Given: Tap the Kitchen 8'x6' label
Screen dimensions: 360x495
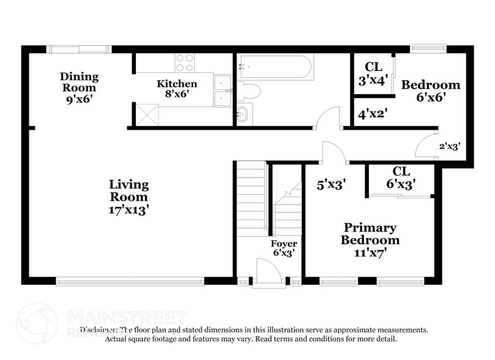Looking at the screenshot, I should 177,89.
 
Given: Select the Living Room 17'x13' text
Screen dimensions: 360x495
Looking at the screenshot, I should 128,196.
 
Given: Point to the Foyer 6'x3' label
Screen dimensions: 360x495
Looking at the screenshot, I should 284,248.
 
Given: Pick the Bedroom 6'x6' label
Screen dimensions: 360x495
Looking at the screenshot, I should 430,91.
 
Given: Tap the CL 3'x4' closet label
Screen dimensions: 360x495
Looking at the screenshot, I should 373,73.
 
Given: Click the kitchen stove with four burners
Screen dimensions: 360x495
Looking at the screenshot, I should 184,62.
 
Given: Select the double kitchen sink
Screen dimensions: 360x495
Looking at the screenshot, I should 223,91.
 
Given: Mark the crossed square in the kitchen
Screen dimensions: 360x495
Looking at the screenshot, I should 147,114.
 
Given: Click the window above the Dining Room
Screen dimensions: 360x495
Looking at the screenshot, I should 80,49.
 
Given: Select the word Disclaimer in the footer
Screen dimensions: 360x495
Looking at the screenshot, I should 99,330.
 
